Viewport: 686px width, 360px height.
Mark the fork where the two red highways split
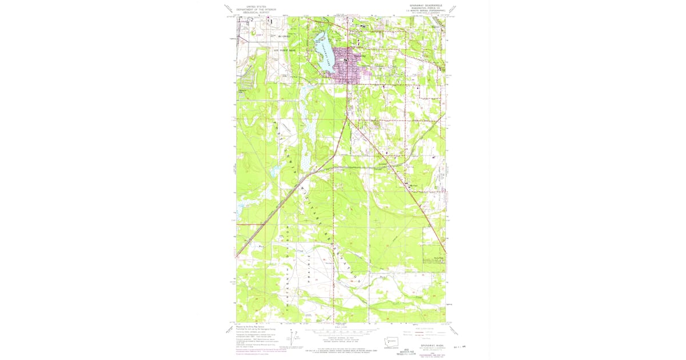click(346, 117)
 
